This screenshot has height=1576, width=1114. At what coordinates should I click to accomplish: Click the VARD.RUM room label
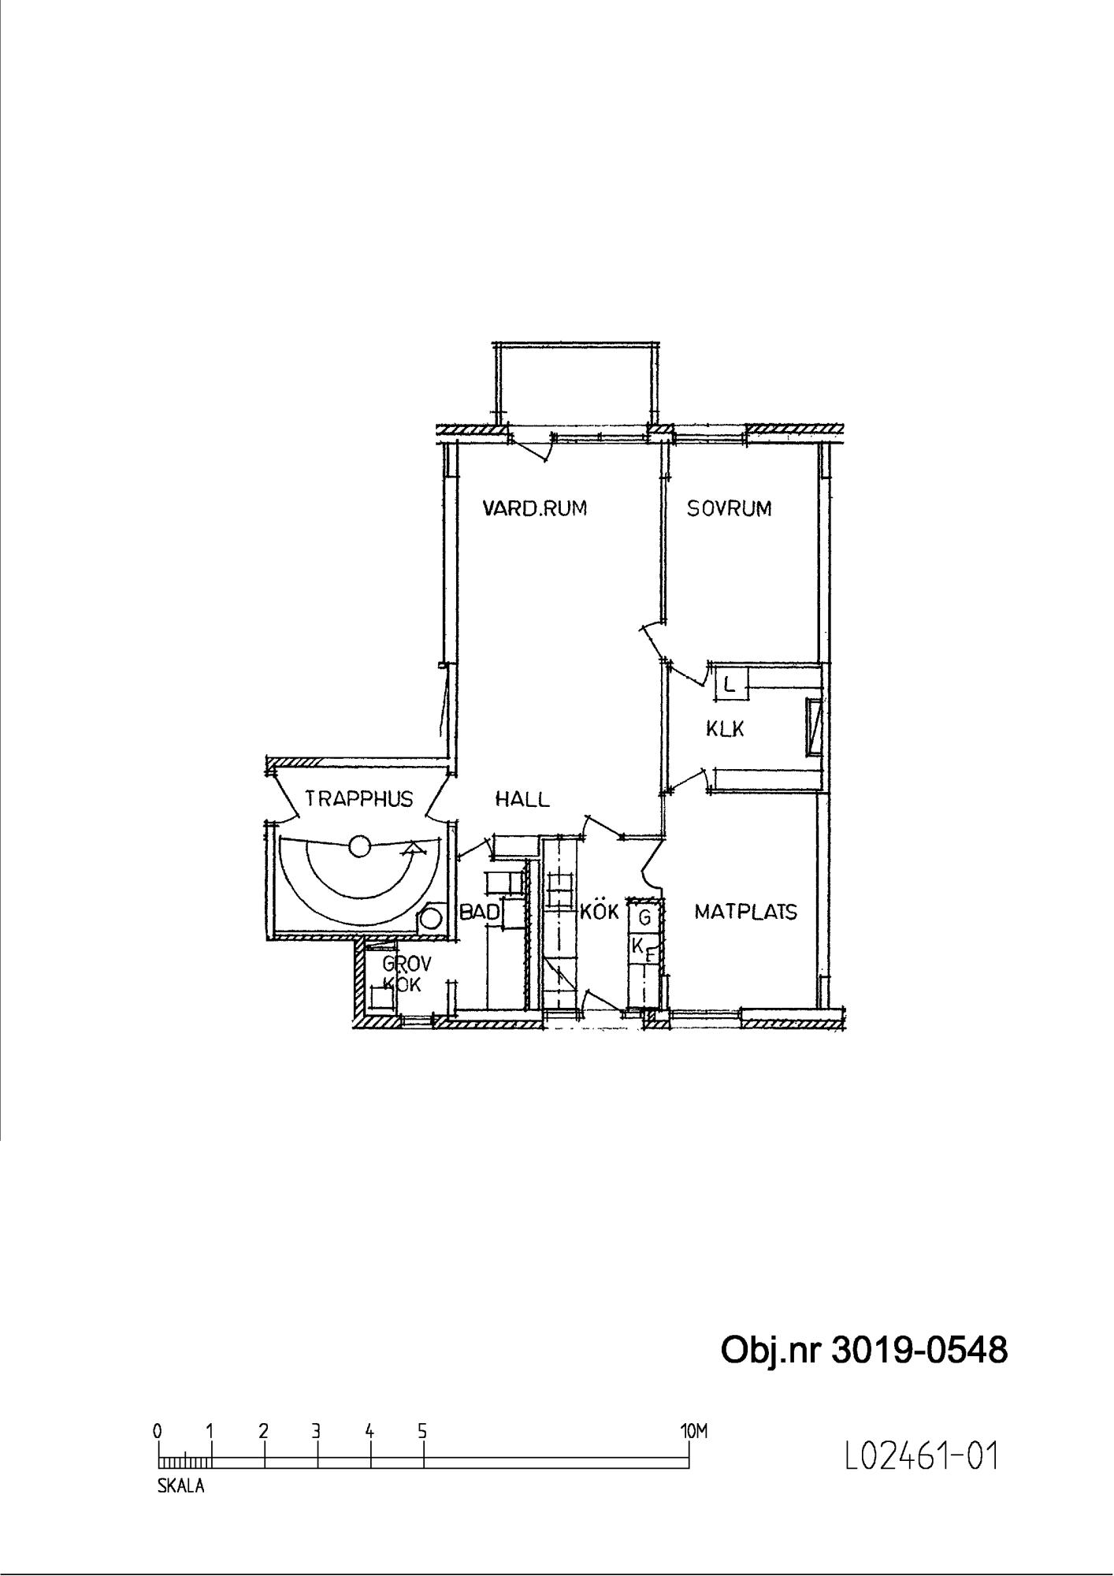[535, 508]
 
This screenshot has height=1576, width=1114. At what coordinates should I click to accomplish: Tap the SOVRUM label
[729, 508]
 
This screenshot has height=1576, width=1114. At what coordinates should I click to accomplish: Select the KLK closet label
[725, 729]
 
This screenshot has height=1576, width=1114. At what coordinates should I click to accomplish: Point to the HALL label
[522, 799]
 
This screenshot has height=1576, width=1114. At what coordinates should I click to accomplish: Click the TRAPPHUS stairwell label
[359, 799]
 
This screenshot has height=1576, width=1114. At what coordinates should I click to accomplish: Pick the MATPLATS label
[745, 912]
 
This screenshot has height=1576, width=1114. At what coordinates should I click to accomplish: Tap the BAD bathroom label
[480, 913]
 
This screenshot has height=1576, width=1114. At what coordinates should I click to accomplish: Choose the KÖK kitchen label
[600, 911]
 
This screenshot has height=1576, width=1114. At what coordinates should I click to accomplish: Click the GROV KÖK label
[403, 973]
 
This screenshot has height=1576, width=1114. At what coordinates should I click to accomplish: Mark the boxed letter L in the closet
[730, 684]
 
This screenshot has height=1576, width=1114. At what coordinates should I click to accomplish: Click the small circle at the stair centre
[359, 846]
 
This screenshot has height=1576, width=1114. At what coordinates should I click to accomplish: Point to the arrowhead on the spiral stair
[410, 849]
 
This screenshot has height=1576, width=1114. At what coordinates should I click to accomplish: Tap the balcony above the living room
[575, 384]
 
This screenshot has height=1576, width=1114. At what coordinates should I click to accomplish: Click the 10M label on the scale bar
[694, 1430]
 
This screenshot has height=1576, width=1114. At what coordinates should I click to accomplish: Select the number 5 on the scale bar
[422, 1430]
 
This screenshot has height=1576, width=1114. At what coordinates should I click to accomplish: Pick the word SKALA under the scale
[181, 1486]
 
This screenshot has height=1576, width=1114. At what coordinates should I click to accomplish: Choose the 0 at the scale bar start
[158, 1430]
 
